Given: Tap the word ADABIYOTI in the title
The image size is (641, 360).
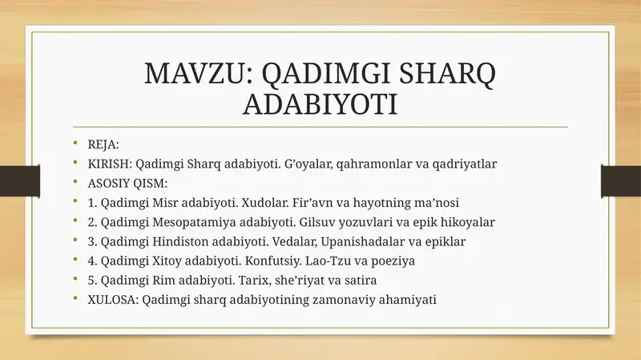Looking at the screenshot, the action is point(320,104).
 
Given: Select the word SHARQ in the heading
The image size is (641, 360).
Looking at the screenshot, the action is point(447,75).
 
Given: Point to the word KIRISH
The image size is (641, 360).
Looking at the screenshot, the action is point(109,164).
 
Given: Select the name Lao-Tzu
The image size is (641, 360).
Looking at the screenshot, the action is point(325,261).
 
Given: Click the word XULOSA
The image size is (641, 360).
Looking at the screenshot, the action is point(113,299).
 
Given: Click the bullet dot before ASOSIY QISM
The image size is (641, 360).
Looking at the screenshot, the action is point(75,181).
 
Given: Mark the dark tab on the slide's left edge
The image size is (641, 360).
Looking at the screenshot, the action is point(20,181).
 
